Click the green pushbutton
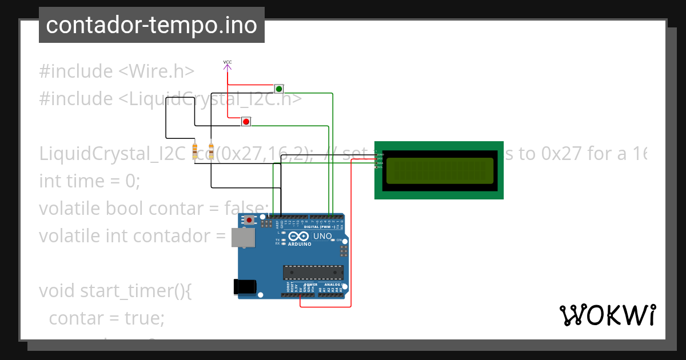tap(279, 89)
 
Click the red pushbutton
tap(246, 121)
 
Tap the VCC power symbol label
tap(227, 62)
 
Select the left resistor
tap(195, 151)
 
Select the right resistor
tap(211, 151)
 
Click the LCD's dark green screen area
tap(439, 170)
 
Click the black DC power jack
tap(245, 287)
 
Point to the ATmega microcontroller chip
tap(313, 273)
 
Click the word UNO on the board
tap(323, 235)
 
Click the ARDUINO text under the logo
tap(300, 244)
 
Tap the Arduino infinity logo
tap(299, 236)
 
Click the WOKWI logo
tap(607, 315)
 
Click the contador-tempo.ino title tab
tap(151, 25)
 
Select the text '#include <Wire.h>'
tap(117, 71)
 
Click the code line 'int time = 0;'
tap(89, 181)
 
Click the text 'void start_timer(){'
tap(115, 291)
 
